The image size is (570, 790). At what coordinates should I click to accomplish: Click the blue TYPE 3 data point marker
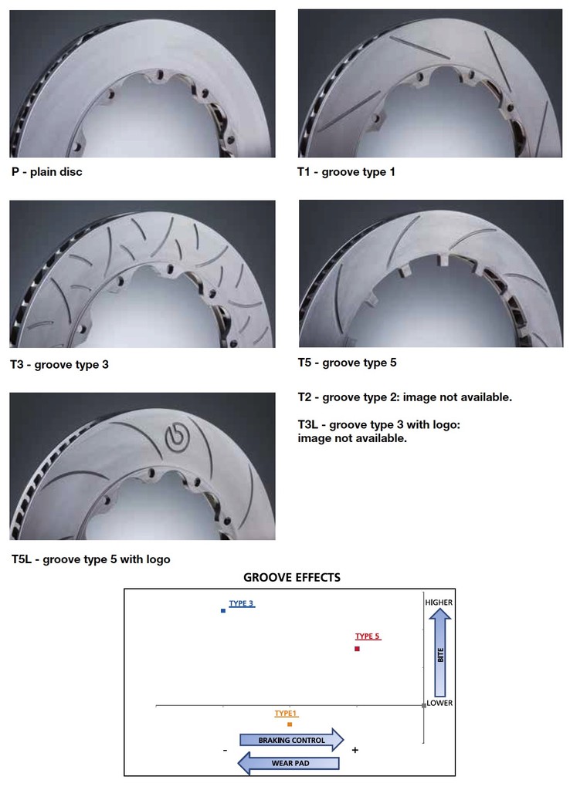(x=223, y=610)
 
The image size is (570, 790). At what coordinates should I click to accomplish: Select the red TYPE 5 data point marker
(x=357, y=648)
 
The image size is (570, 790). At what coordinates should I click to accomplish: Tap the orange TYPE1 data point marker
(x=289, y=724)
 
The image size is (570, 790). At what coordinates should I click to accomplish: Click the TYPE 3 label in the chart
(x=242, y=603)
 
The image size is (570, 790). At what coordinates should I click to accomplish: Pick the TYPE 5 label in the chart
(x=368, y=636)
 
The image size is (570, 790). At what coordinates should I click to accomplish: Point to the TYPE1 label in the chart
(x=286, y=714)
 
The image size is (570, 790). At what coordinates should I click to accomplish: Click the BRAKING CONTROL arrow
(x=291, y=740)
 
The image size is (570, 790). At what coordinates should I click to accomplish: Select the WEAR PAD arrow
(x=288, y=763)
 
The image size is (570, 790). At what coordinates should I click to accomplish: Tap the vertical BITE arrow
(x=440, y=652)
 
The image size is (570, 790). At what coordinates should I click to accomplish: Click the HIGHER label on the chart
(x=439, y=603)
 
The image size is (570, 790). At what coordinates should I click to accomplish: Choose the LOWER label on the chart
(x=440, y=703)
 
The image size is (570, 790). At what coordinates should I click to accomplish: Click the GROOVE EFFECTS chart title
(x=291, y=577)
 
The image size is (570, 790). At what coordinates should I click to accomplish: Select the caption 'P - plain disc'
(x=47, y=172)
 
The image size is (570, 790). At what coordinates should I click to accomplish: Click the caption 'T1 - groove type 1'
(x=346, y=172)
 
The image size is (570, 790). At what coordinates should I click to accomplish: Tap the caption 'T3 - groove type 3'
(x=59, y=364)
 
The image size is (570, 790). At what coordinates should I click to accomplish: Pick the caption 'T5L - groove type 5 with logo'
(x=90, y=559)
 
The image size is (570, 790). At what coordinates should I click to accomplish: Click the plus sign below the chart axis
(x=355, y=750)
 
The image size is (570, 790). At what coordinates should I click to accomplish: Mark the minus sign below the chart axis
(x=225, y=750)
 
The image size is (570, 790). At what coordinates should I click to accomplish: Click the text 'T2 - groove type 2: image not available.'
(x=405, y=397)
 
